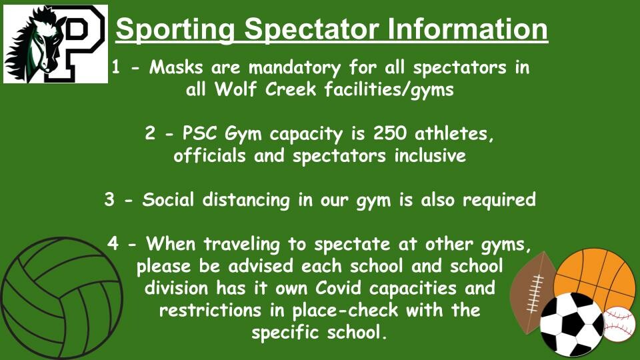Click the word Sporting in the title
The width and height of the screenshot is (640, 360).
(x=175, y=29)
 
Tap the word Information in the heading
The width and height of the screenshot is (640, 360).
(x=467, y=29)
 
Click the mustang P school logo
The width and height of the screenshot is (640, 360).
(x=55, y=44)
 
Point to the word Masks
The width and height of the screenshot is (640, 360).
(x=176, y=67)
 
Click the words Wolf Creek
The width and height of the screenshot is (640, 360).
(x=265, y=89)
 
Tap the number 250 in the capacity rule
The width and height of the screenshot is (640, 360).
(x=390, y=133)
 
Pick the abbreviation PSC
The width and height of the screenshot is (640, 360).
(x=200, y=133)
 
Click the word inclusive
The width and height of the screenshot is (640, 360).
(x=430, y=155)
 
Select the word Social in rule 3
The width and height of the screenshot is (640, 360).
(x=168, y=199)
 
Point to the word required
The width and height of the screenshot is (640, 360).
(x=499, y=200)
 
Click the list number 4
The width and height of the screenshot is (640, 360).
(x=113, y=244)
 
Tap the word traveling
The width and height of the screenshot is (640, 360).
(x=241, y=245)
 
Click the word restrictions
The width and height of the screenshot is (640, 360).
(x=210, y=310)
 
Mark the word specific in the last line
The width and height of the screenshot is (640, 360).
(x=285, y=333)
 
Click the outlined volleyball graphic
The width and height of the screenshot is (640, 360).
(x=61, y=299)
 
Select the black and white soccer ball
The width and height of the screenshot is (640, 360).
(x=571, y=324)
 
